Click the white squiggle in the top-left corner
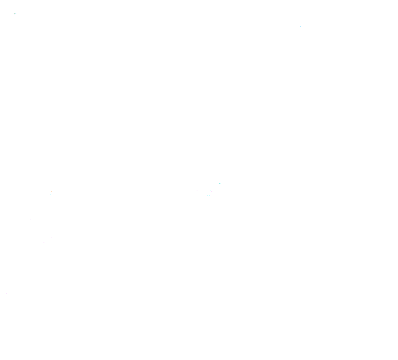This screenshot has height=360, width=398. [15, 14]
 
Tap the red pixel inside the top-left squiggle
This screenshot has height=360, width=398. [15, 14]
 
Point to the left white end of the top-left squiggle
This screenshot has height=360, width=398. [14, 13]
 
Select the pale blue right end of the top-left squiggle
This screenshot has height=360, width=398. [16, 14]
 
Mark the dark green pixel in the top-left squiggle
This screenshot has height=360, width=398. [14, 14]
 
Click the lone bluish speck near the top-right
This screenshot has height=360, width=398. [301, 26]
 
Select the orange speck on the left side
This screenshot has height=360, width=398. [51, 192]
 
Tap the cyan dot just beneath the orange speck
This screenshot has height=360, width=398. [50, 194]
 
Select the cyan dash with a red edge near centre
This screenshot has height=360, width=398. [220, 184]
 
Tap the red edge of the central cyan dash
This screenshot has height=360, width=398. [219, 184]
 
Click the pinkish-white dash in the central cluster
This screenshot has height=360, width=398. [212, 191]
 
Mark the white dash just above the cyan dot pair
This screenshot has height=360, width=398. [210, 193]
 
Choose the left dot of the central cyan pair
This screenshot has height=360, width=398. [207, 195]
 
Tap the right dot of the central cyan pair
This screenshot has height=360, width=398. [209, 195]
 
